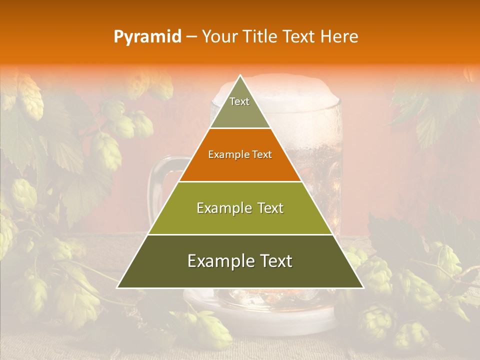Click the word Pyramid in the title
point(147,37)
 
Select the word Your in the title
point(219,37)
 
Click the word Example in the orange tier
point(225,154)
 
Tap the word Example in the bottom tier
point(218,261)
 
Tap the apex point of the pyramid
point(240,75)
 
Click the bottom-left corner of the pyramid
point(117,287)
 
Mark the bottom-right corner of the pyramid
point(363,287)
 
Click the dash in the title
point(191,37)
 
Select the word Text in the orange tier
point(262,154)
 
